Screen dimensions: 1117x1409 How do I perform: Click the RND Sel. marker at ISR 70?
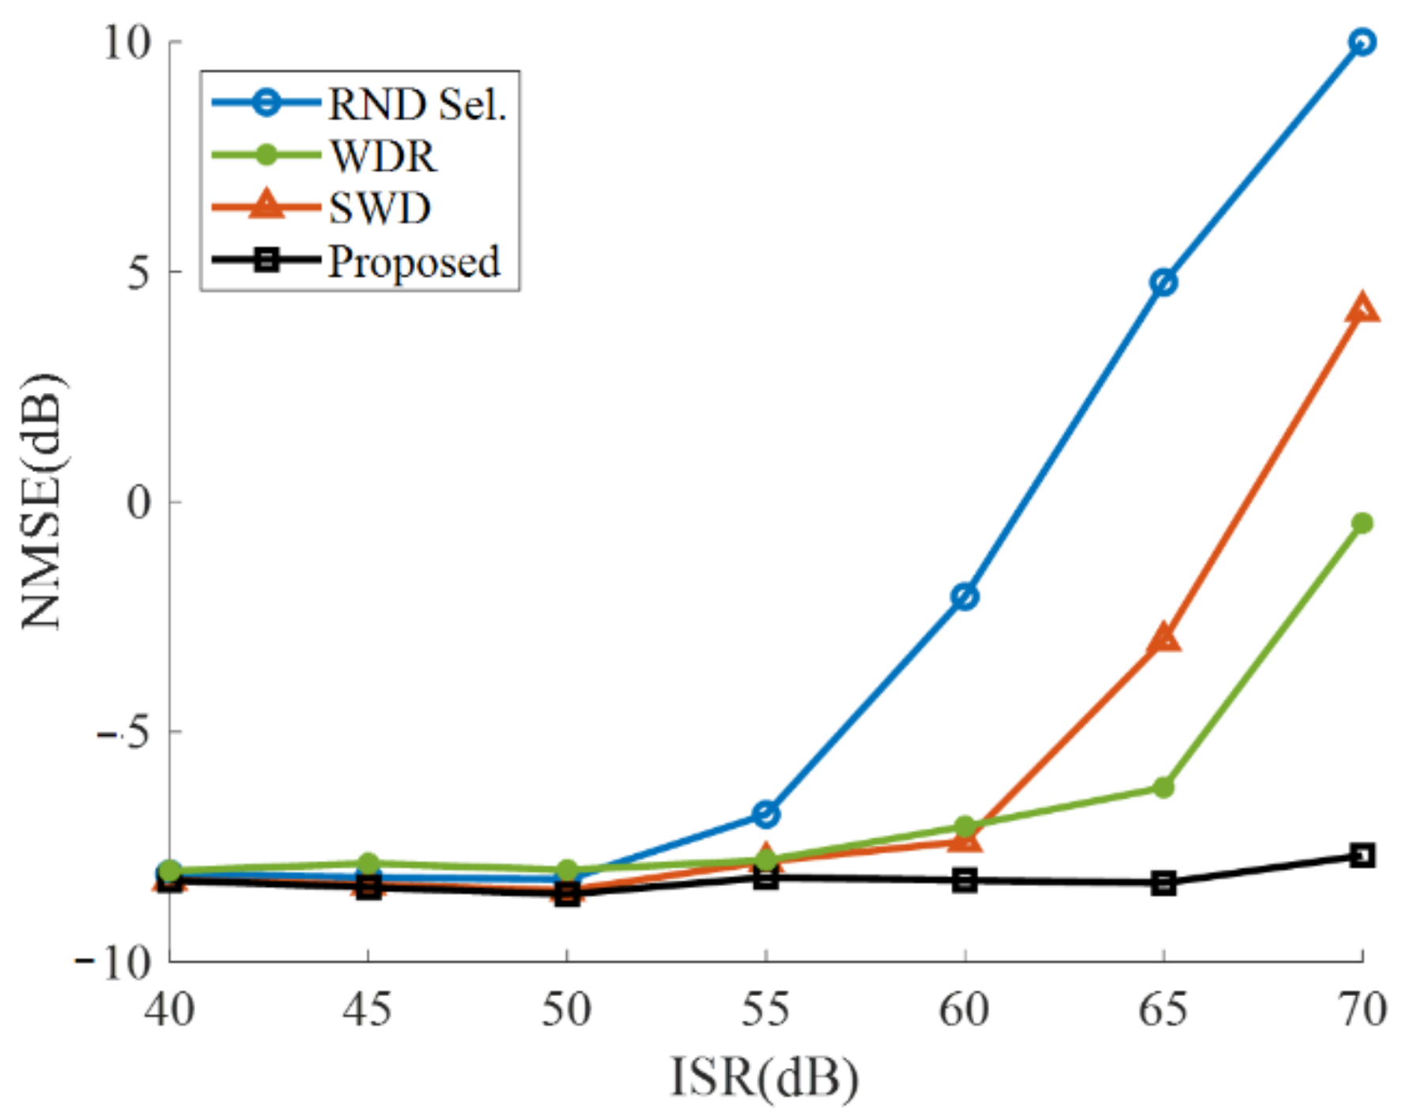1361,42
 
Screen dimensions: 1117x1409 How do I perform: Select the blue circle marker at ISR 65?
1163,282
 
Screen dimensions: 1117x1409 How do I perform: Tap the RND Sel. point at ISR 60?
965,597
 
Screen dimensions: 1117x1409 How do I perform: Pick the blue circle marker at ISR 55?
765,813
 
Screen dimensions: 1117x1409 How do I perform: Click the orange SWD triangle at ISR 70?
1362,309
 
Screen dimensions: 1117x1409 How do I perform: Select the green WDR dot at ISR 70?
1362,523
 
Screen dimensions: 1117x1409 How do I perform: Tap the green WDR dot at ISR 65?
1163,787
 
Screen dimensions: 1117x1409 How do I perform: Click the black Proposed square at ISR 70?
1362,855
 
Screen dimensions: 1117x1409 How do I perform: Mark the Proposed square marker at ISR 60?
965,881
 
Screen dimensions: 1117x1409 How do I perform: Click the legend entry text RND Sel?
417,104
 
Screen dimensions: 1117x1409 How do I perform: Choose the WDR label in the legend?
383,156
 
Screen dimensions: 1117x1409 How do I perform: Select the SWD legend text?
380,209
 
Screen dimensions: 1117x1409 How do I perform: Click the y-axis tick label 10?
127,42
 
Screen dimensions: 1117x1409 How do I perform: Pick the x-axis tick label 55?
765,1009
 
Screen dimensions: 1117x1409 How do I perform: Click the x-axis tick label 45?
368,1009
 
